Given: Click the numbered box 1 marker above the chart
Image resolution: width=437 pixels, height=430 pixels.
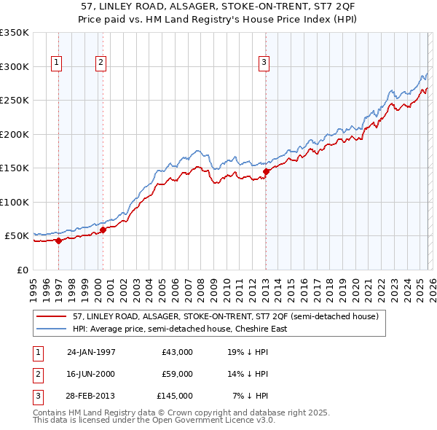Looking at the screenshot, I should [x=57, y=63].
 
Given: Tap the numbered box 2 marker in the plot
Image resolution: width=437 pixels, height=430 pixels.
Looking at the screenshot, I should [x=101, y=63].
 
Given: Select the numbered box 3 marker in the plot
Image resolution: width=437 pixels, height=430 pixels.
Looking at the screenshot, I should [x=263, y=63].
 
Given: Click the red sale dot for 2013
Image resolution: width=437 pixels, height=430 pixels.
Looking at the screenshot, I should [x=267, y=171].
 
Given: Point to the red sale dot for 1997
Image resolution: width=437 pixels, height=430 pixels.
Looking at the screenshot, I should [x=58, y=241].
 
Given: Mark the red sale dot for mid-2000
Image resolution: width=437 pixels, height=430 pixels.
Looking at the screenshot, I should [x=103, y=230].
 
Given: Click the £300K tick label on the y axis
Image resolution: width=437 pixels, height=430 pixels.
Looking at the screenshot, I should [x=14, y=66].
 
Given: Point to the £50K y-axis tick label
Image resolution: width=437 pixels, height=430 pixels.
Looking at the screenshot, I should [x=17, y=236].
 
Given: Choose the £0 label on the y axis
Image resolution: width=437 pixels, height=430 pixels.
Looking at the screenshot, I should [x=23, y=270].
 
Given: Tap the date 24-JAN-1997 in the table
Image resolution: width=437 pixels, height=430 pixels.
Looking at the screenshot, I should [x=91, y=352].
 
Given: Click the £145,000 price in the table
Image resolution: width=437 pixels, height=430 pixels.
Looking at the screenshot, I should [x=175, y=396].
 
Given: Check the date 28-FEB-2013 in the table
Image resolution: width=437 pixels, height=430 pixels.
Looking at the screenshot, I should [x=91, y=396].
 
